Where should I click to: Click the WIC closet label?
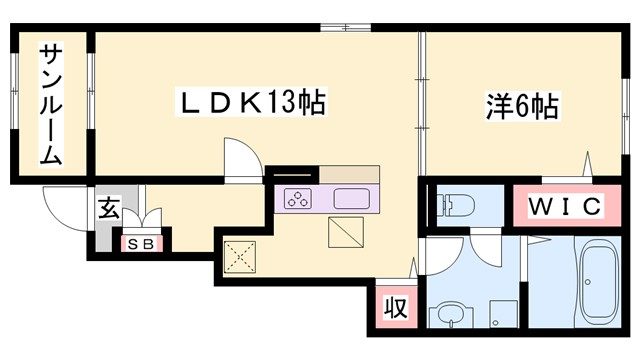564,207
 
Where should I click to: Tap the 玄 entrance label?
108,209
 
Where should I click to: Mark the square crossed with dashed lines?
241,257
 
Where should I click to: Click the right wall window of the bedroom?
623,95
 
